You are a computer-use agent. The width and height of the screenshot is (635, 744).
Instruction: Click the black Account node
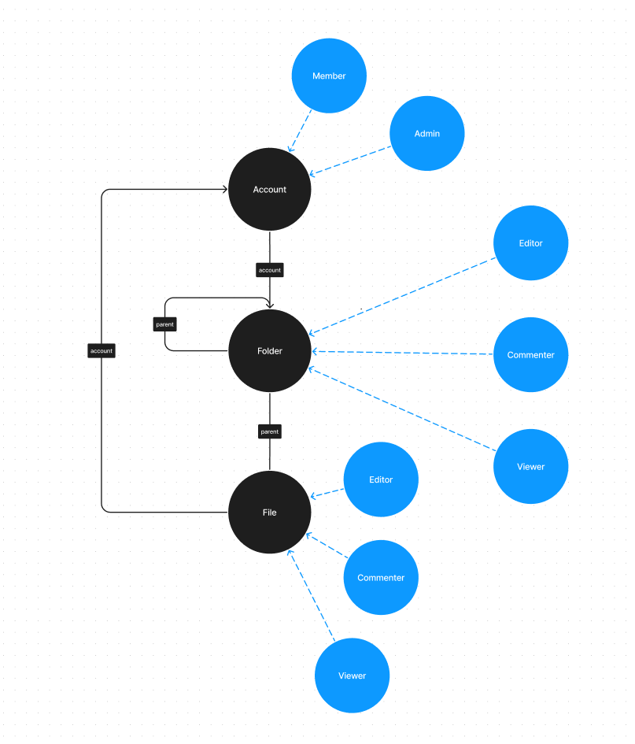click(270, 190)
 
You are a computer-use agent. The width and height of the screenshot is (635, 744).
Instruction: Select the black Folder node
click(270, 351)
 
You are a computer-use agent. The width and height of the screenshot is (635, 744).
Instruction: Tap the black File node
click(270, 513)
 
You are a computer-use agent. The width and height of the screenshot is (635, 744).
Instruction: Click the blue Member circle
click(329, 76)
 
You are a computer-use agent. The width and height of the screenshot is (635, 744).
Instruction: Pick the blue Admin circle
click(427, 134)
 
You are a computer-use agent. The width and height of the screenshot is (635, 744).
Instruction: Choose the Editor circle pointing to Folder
click(531, 243)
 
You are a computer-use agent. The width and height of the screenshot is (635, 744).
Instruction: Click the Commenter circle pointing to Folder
click(531, 355)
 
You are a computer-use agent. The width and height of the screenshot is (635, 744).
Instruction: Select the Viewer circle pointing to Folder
click(531, 467)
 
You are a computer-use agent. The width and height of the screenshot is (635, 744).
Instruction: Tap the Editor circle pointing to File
click(381, 479)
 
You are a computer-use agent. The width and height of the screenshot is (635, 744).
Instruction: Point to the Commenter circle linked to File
click(381, 578)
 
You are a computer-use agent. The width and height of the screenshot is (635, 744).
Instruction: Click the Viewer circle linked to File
click(353, 676)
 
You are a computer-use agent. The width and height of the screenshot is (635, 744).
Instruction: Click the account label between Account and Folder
click(270, 270)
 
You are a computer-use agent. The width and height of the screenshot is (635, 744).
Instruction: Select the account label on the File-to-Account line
click(102, 351)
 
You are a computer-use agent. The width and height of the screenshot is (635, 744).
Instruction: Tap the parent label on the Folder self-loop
click(165, 324)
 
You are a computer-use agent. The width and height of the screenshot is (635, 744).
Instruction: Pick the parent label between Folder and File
click(270, 431)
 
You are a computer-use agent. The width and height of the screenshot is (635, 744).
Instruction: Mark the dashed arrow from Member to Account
click(301, 130)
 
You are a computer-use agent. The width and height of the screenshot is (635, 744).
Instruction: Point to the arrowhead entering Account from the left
click(224, 190)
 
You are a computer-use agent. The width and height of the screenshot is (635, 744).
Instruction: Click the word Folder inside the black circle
click(270, 351)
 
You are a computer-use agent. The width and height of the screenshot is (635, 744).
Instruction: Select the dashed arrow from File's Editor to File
click(328, 493)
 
